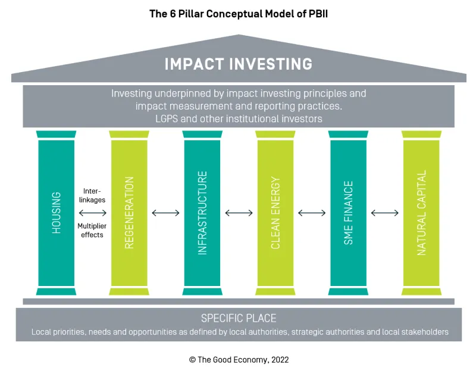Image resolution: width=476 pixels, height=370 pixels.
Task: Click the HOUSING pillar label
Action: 57,213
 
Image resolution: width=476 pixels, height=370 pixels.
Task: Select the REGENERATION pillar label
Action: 129,213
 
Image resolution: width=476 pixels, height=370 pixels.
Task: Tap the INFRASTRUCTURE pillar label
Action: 202,213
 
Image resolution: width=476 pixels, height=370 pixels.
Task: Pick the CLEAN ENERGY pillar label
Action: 275,213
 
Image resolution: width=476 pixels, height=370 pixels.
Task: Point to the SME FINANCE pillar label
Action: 349,213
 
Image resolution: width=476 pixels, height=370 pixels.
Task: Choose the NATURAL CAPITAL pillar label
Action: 421,213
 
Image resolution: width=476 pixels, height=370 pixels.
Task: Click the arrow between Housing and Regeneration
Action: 93,213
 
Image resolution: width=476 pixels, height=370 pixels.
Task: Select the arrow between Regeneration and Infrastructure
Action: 166,213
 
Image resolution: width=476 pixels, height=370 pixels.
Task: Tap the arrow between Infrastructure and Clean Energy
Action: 239,213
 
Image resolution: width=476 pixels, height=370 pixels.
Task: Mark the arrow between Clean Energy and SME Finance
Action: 312,213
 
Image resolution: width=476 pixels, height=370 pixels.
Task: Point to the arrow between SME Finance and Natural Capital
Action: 384,213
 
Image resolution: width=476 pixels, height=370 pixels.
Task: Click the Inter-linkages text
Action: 92,195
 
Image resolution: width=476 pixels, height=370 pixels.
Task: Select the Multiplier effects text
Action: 92,231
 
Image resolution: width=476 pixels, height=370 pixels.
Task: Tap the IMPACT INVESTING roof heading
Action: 239,64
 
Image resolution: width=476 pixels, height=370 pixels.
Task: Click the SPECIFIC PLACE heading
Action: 239,318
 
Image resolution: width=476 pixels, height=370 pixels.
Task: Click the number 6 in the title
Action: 173,14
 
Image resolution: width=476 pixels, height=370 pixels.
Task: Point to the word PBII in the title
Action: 318,14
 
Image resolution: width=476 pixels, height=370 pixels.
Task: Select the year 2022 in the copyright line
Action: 280,360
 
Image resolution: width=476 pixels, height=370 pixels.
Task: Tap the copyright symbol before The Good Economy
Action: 192,360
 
